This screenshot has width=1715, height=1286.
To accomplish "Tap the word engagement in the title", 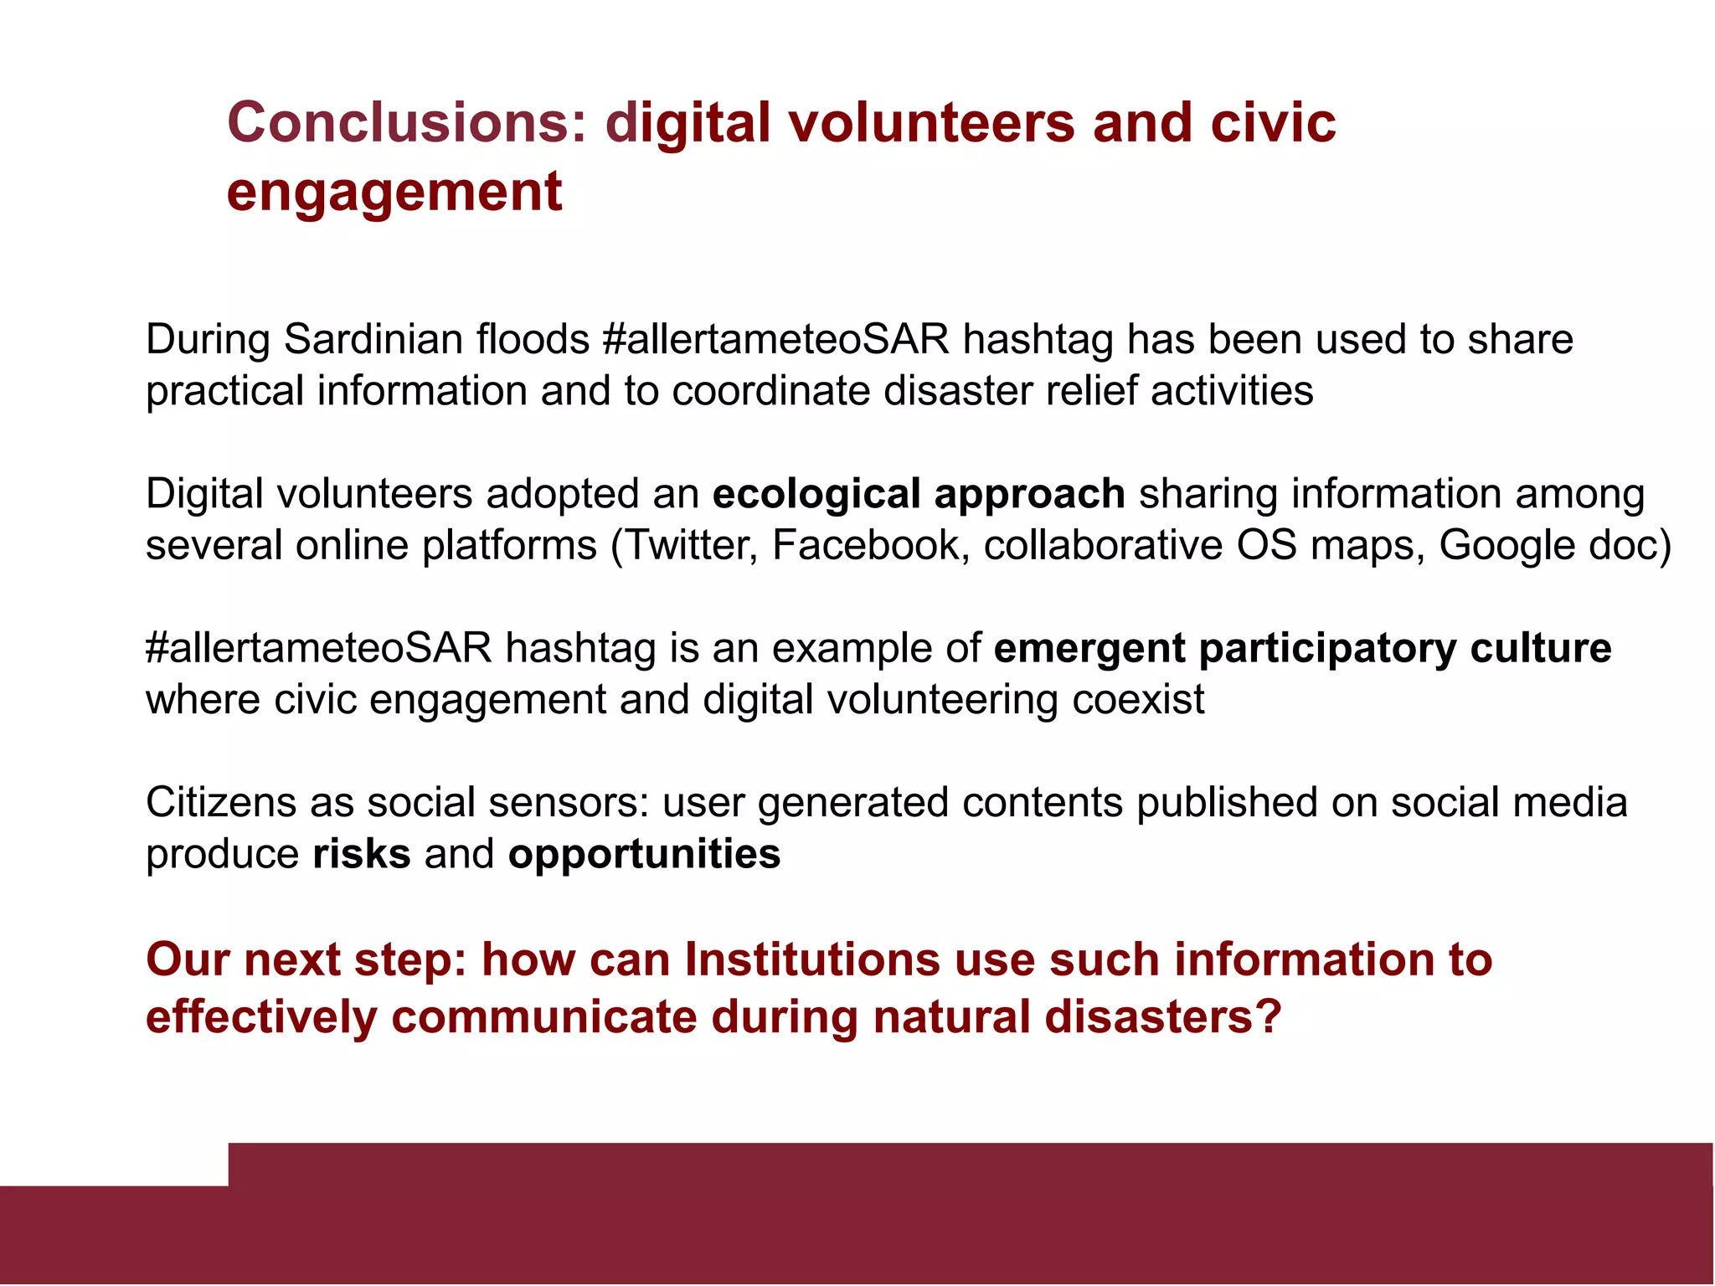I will click(x=394, y=192).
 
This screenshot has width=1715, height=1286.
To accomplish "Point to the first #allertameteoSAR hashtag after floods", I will click(x=775, y=340).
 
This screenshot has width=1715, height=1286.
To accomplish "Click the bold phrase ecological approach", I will click(x=918, y=494).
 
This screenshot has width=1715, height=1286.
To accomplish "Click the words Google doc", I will click(x=1553, y=545).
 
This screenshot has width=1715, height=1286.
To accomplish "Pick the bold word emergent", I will click(x=1089, y=649).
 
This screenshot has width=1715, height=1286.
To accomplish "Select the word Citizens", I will click(x=221, y=803).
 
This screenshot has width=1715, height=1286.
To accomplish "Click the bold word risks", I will click(x=361, y=854).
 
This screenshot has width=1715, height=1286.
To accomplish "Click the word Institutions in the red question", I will click(x=811, y=959).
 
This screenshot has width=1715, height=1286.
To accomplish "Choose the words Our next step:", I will click(x=306, y=959).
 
